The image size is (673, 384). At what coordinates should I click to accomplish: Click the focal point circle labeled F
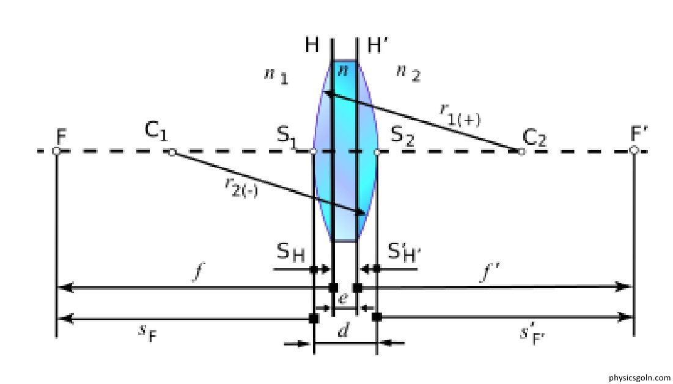56,150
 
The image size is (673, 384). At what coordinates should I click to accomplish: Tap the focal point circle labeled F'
634,150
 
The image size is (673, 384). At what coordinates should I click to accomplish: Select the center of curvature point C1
172,152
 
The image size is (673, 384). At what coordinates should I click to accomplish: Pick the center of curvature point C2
521,152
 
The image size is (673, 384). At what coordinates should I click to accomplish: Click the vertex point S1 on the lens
314,151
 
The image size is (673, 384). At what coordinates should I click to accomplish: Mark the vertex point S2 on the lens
377,151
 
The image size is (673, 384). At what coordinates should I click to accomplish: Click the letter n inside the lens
344,70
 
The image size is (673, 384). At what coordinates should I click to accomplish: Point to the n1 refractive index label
276,76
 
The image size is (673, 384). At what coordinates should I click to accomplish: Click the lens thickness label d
344,331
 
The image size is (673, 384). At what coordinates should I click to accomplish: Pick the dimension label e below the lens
344,298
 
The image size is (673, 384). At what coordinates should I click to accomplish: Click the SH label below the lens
290,252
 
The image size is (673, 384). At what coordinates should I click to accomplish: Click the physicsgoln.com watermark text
639,378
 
